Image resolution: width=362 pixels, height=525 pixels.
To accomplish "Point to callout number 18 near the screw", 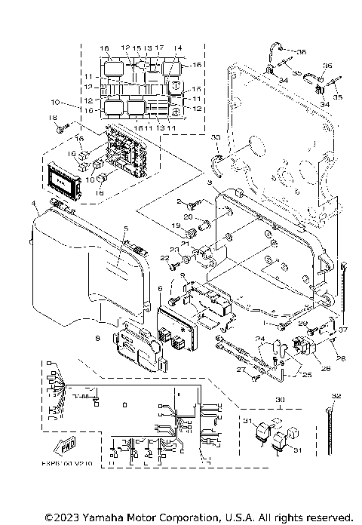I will (x=53, y=118).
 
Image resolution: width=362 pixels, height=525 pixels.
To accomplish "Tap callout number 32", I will (x=336, y=395).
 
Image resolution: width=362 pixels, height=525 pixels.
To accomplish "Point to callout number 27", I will (x=243, y=371).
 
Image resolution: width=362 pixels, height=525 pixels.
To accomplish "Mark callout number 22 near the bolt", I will (x=163, y=258).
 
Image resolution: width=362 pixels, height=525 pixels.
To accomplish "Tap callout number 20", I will (x=188, y=218).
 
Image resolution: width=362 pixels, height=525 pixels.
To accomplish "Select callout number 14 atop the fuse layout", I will (x=178, y=48).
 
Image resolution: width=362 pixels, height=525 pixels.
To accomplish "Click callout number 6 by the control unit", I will (x=159, y=289).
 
